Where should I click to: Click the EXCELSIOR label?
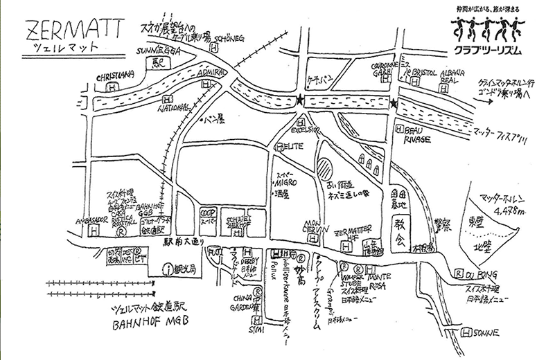click(305, 128)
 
